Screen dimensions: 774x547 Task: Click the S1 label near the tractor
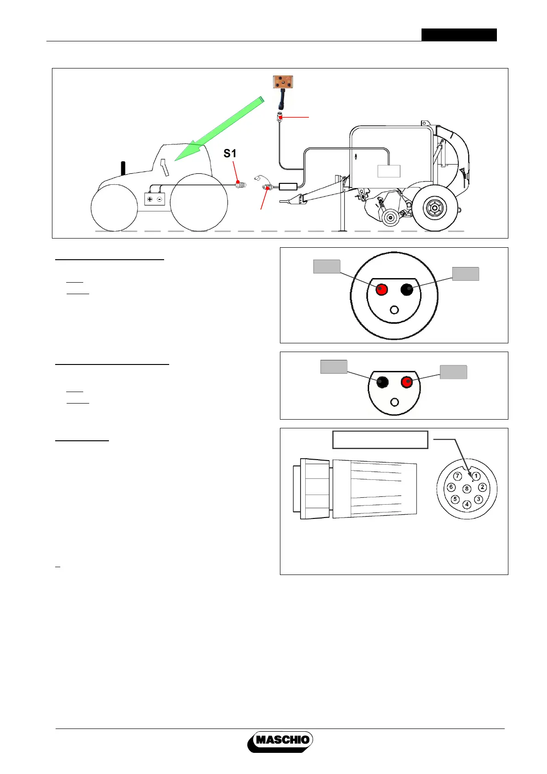point(230,154)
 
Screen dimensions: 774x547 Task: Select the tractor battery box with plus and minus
point(154,199)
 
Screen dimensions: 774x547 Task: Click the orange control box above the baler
point(283,82)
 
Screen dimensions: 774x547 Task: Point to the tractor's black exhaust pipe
point(123,168)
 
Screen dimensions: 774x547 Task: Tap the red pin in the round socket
point(382,290)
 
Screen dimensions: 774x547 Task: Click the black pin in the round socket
point(407,290)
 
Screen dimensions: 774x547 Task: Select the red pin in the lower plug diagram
point(407,382)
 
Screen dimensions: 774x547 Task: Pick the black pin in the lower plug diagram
point(382,382)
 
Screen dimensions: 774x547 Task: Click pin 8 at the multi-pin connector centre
point(467,489)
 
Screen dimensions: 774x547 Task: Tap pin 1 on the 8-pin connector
point(476,476)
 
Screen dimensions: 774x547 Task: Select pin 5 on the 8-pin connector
point(455,499)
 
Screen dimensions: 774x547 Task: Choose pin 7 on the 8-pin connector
point(457,476)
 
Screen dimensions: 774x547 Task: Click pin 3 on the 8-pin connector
point(479,499)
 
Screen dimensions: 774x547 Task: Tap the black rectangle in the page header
point(459,35)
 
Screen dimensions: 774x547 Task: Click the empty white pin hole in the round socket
point(394,310)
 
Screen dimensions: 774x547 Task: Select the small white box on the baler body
point(389,171)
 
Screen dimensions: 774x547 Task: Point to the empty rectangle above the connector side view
point(380,439)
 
